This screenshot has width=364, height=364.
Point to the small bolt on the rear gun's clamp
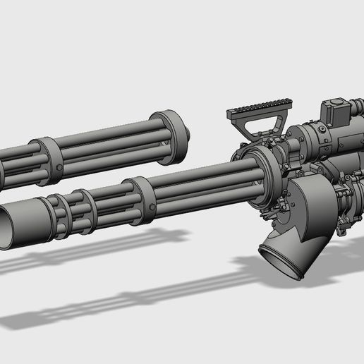[x=53, y=144]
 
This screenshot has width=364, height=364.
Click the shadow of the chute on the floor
[x=282, y=296]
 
